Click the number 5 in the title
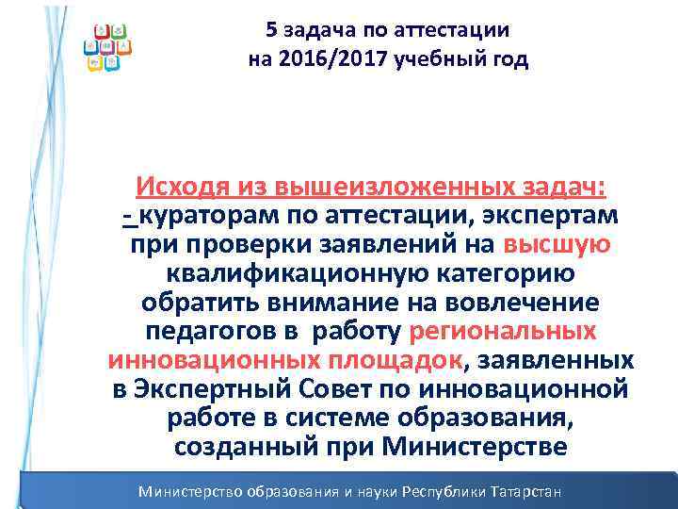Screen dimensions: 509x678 272,30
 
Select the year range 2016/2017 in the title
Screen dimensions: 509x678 332,61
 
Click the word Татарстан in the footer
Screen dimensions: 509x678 519,492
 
